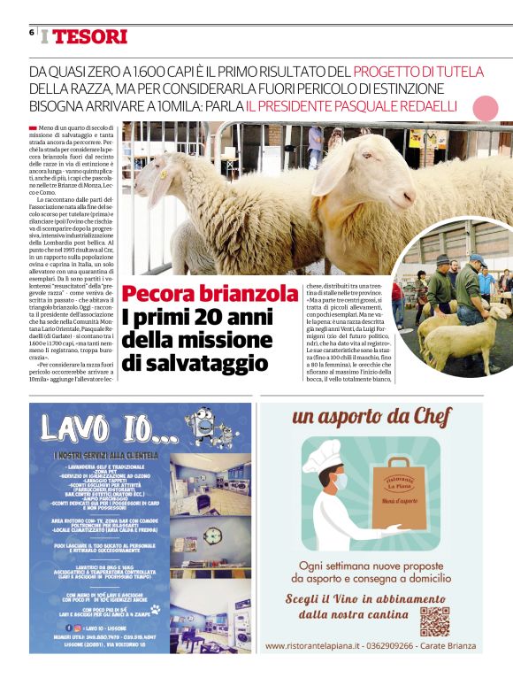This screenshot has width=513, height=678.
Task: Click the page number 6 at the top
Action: pyautogui.click(x=31, y=33)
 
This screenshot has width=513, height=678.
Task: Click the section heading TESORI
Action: pyautogui.click(x=89, y=36)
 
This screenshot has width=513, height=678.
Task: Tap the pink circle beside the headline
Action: pyautogui.click(x=485, y=108)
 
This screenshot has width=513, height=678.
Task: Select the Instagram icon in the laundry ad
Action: pyautogui.click(x=77, y=627)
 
